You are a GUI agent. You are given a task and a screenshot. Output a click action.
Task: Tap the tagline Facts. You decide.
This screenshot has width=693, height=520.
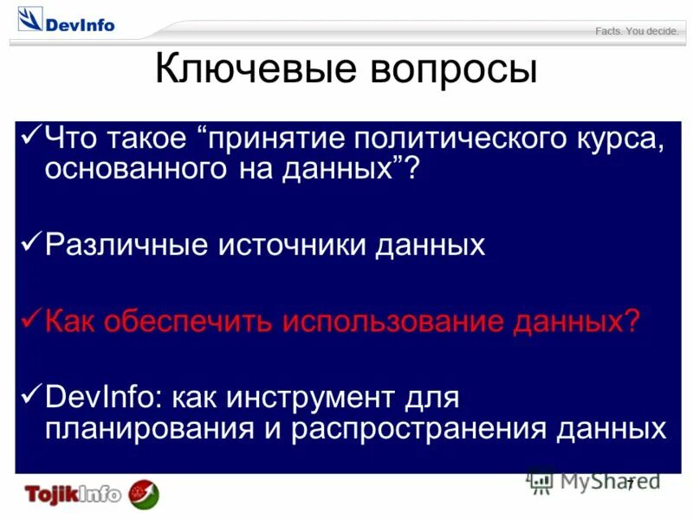coord(637,31)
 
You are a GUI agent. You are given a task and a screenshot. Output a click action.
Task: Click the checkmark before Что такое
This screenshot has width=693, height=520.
coord(29,136)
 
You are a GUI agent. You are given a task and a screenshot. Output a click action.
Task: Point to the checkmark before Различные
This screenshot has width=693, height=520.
coord(29,242)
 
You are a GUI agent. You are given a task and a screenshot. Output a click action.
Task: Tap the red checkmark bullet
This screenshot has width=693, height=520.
coord(29,318)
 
